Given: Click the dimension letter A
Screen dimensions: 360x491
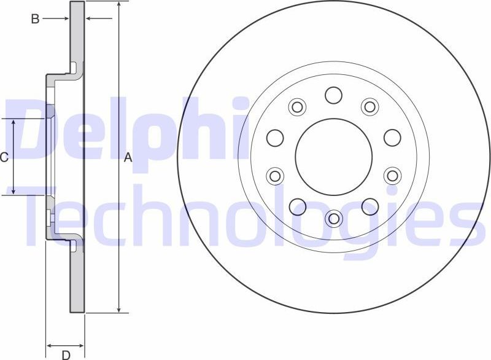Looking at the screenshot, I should pos(128,158).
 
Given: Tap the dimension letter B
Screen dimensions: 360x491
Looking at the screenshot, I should pos(36,19).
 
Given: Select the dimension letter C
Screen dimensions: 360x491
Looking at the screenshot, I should pos(4,158).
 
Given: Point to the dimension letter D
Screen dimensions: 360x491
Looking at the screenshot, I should pos(65,354).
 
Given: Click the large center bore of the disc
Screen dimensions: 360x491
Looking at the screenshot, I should pos(334,157).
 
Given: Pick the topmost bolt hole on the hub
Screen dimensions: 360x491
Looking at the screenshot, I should pos(334,95).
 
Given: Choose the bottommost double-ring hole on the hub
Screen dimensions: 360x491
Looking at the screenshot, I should pos(334,217).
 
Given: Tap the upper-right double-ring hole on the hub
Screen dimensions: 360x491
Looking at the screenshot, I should pos(369,107).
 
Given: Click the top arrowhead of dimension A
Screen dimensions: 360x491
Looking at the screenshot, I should pos(118,5).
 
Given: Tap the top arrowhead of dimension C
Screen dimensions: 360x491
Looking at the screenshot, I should pos(14,123).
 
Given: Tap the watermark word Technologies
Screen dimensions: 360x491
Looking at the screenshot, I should pos(245,212).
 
